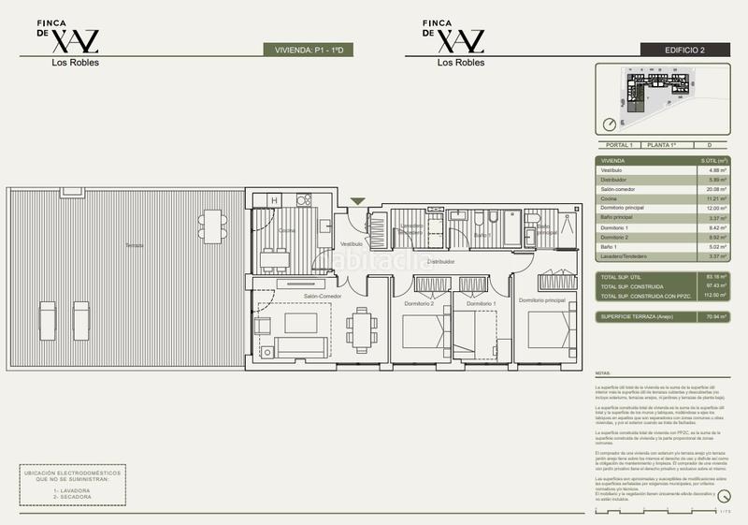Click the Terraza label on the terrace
[x=136, y=245]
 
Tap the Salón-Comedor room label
[x=322, y=297]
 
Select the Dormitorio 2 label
[x=419, y=304]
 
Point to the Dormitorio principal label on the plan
[x=542, y=300]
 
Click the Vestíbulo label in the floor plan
[x=351, y=243]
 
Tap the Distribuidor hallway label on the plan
[x=440, y=262]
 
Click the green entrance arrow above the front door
[x=356, y=200]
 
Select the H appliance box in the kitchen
[x=274, y=199]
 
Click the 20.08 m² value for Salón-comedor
[x=712, y=188]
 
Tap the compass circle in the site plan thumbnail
[x=610, y=124]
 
